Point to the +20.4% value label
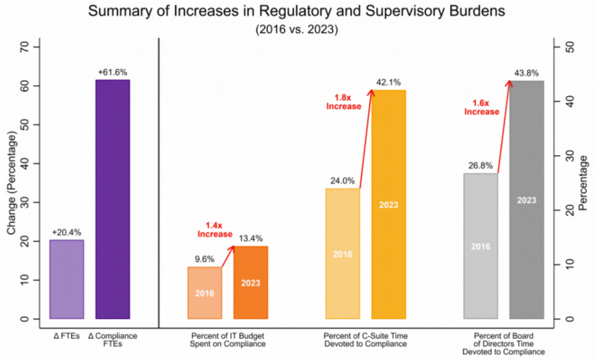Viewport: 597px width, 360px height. click(66, 233)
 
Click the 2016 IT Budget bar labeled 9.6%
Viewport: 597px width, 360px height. click(205, 293)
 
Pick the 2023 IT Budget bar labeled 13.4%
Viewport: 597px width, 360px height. click(250, 282)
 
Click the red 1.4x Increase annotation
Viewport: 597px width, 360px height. click(215, 229)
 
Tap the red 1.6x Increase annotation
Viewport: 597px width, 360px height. click(482, 107)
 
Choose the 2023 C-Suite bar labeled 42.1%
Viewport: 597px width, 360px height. click(389, 204)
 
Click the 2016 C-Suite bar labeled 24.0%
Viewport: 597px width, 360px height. click(342, 254)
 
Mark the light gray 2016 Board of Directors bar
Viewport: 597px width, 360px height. click(481, 246)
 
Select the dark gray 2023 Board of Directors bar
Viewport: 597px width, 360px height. click(527, 200)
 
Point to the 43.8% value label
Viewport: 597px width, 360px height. click(526, 73)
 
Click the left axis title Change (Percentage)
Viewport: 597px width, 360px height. click(11, 183)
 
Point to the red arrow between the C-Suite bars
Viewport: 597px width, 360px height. click(366, 139)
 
